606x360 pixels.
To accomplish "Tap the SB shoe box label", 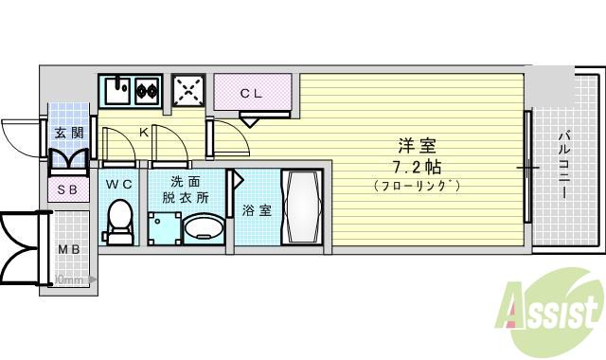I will (x=68, y=190).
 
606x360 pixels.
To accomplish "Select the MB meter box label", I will (x=70, y=250).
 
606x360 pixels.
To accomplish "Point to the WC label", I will (x=118, y=183).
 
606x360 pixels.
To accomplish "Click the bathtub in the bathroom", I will (x=304, y=207).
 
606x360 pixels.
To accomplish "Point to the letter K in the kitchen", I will (x=144, y=134).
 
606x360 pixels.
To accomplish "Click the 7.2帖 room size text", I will (x=416, y=167).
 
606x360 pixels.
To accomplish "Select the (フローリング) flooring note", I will (x=417, y=186).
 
